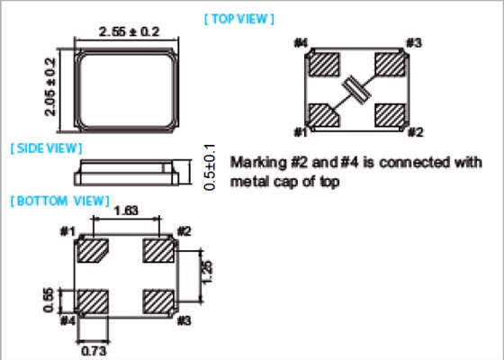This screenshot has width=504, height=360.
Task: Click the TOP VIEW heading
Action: (239, 19)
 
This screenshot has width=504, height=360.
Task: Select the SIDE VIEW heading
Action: (46, 148)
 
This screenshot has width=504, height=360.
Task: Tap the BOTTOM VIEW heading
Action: (60, 202)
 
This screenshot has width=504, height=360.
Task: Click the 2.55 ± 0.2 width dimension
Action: (129, 31)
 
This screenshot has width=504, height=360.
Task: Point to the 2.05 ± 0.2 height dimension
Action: (50, 86)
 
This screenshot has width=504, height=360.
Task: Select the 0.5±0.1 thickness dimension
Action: (210, 167)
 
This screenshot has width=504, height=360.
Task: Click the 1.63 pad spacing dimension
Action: (126, 211)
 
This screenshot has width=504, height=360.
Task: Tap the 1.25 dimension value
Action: (208, 272)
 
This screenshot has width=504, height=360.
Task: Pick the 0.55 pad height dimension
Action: (49, 301)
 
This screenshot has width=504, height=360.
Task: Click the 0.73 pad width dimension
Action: (94, 351)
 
